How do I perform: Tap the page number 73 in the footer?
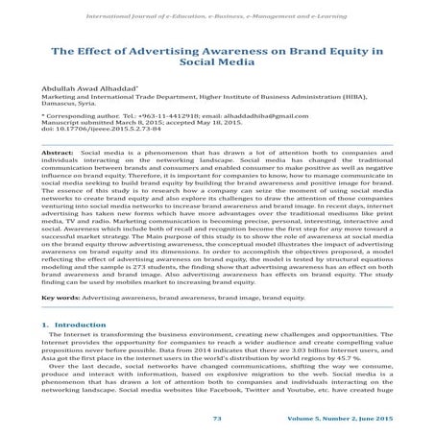click(x=217, y=421)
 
